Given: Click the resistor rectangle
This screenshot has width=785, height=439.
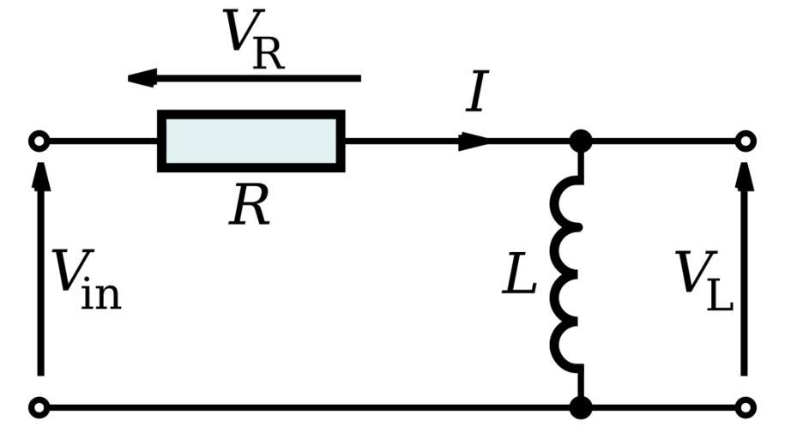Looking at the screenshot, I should point(251,141).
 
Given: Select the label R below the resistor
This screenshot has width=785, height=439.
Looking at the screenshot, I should point(250,206).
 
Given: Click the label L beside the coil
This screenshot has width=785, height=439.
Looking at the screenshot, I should point(519,277).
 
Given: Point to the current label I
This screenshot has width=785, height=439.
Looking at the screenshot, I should point(477,93).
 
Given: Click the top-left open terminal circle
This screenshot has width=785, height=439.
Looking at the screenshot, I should point(39,141).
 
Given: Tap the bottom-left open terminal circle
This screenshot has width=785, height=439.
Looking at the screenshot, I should point(39,407).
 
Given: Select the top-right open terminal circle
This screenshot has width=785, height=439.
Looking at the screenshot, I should point(746,141).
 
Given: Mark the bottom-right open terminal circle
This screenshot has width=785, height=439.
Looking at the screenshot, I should point(746,407).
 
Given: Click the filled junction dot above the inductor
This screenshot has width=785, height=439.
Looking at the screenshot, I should point(581,141).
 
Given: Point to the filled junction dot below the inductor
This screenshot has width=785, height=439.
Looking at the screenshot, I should point(581,407).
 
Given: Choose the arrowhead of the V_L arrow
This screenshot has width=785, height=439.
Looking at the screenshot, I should point(745,175).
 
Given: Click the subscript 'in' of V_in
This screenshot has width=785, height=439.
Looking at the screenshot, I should point(101,293).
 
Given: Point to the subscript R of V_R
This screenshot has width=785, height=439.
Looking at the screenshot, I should point(269,54).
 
